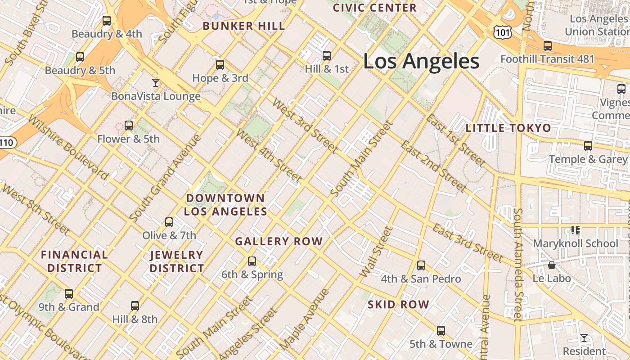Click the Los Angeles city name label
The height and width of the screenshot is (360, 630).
coord(421,61)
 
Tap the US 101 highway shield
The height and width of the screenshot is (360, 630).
coord(501,31)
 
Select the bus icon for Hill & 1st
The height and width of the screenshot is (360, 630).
coord(327,56)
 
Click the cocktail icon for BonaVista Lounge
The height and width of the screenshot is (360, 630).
coord(156,83)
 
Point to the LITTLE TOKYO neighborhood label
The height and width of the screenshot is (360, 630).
coord(508,128)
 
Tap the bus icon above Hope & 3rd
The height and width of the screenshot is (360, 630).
coord(220,65)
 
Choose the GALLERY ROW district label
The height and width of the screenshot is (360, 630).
coord(279,242)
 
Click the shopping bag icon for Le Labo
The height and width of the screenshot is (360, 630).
coord(551,265)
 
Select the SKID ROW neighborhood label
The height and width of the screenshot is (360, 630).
coord(398,305)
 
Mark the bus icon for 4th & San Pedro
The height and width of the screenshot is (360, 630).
coord(421,265)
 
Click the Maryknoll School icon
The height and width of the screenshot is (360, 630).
coord(575,230)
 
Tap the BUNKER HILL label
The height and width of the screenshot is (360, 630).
coord(244,26)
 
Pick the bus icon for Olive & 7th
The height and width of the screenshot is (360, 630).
coord(169,222)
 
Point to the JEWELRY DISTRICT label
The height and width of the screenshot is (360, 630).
coord(177,261)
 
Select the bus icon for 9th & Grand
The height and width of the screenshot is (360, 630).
coord(69,294)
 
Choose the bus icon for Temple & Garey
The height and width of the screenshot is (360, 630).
coord(588,146)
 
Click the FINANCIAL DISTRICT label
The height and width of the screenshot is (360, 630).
coord(75,261)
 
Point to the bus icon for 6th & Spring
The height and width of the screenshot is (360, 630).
coord(252,261)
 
